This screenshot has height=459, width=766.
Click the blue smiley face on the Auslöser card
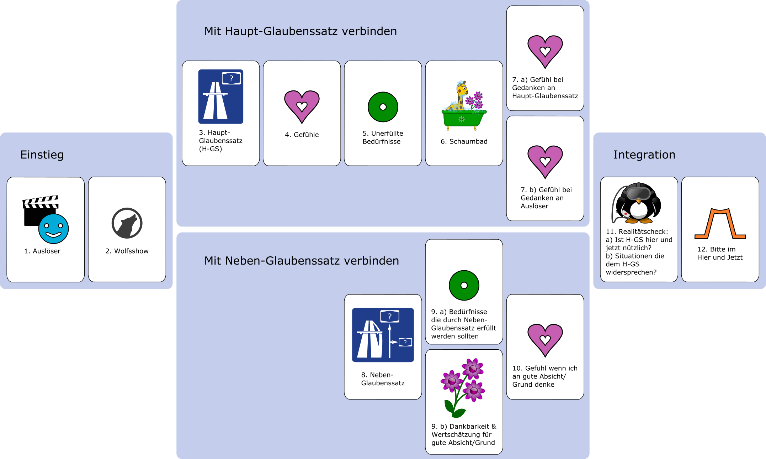[x=53, y=229]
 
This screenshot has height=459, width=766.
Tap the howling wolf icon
[x=127, y=223]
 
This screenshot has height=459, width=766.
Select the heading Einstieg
[x=42, y=155]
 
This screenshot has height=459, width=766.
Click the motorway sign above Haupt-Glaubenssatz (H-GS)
[x=220, y=97]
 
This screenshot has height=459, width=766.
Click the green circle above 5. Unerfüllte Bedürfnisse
[x=383, y=107]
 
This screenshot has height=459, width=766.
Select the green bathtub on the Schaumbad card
[x=464, y=119]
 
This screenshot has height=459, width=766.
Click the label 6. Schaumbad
[x=464, y=141]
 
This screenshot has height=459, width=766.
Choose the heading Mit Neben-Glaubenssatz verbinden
[x=301, y=261]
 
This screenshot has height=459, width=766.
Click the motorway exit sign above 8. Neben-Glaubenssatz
[x=383, y=335]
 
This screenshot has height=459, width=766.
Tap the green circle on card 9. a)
[x=464, y=285]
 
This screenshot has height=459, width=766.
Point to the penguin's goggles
[x=639, y=193]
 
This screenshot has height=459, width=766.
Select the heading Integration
[x=644, y=155]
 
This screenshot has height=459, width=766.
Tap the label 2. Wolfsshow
[x=127, y=251]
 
